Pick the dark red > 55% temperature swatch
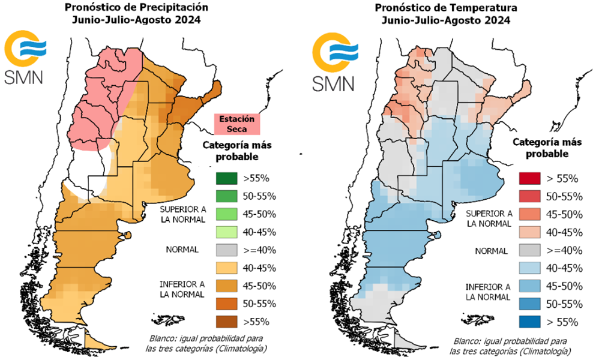click(x=529, y=179)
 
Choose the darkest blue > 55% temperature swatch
click(x=529, y=322)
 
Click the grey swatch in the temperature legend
click(x=529, y=250)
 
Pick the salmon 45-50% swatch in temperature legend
click(x=529, y=214)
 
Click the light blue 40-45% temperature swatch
click(x=529, y=268)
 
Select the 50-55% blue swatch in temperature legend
click(x=529, y=304)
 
